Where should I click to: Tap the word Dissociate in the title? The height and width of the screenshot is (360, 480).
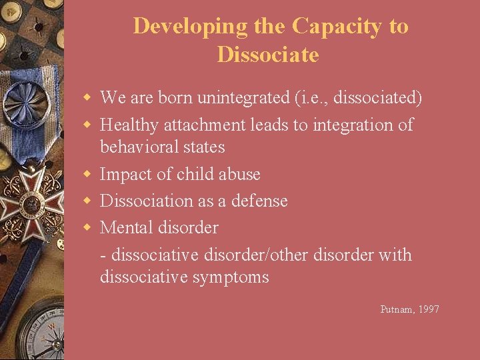tap(268, 55)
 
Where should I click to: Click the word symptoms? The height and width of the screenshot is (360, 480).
tap(231, 277)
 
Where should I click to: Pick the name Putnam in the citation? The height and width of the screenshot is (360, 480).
tap(396, 309)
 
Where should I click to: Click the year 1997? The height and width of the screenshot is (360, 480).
tap(428, 309)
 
